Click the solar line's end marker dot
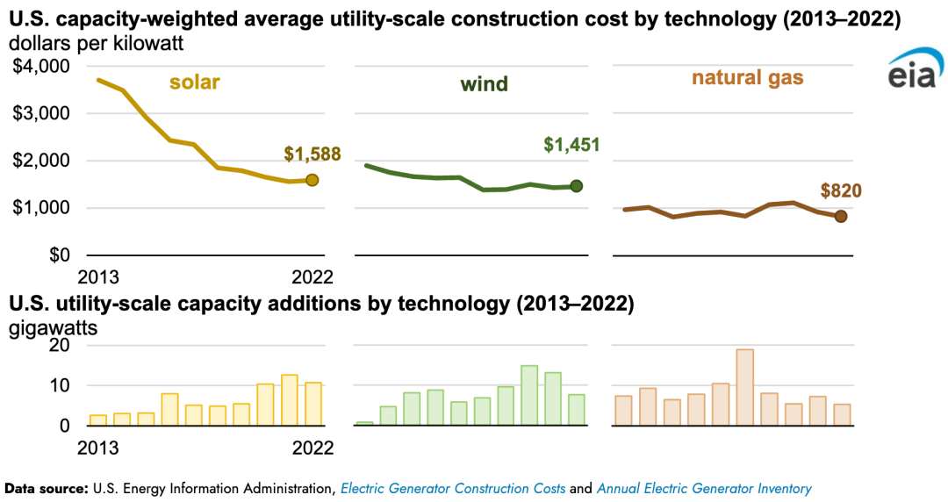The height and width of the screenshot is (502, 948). click(312, 180)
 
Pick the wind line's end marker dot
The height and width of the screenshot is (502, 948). click(577, 185)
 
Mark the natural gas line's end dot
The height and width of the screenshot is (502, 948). click(840, 216)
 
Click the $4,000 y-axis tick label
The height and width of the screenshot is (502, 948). click(40, 66)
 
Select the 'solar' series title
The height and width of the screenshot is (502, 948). click(194, 83)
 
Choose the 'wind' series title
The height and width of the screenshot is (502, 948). click(484, 84)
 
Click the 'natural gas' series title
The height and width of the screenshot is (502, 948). click(747, 78)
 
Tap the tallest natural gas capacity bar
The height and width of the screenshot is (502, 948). click(744, 387)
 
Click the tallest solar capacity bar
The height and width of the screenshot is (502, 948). click(290, 400)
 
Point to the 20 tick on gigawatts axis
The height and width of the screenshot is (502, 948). click(59, 346)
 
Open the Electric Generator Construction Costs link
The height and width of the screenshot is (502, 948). click(453, 489)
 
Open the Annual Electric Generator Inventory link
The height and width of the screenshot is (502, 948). click(704, 489)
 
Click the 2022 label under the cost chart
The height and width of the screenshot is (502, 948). click(312, 277)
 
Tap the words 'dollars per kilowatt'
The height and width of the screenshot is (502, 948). click(97, 42)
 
